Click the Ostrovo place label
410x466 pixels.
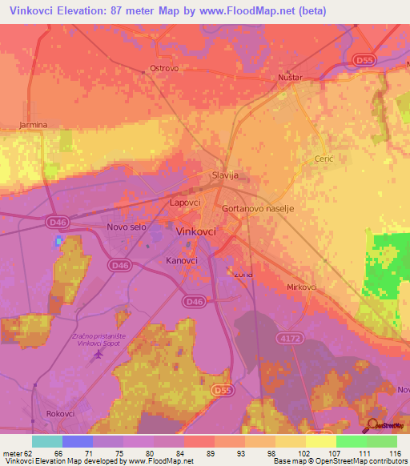pyautogui.click(x=164, y=69)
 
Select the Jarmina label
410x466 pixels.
pyautogui.click(x=34, y=125)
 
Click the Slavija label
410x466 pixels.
pyautogui.click(x=225, y=175)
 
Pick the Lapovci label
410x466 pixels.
pyautogui.click(x=185, y=203)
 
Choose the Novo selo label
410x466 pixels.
pyautogui.click(x=127, y=228)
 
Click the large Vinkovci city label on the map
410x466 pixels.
pyautogui.click(x=195, y=232)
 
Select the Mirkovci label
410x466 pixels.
pyautogui.click(x=302, y=286)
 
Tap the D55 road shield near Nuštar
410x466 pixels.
pyautogui.click(x=364, y=59)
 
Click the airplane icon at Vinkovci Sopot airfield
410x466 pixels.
pyautogui.click(x=99, y=352)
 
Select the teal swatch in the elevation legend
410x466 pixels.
pyautogui.click(x=46, y=441)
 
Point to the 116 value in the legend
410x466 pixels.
pyautogui.click(x=393, y=454)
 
